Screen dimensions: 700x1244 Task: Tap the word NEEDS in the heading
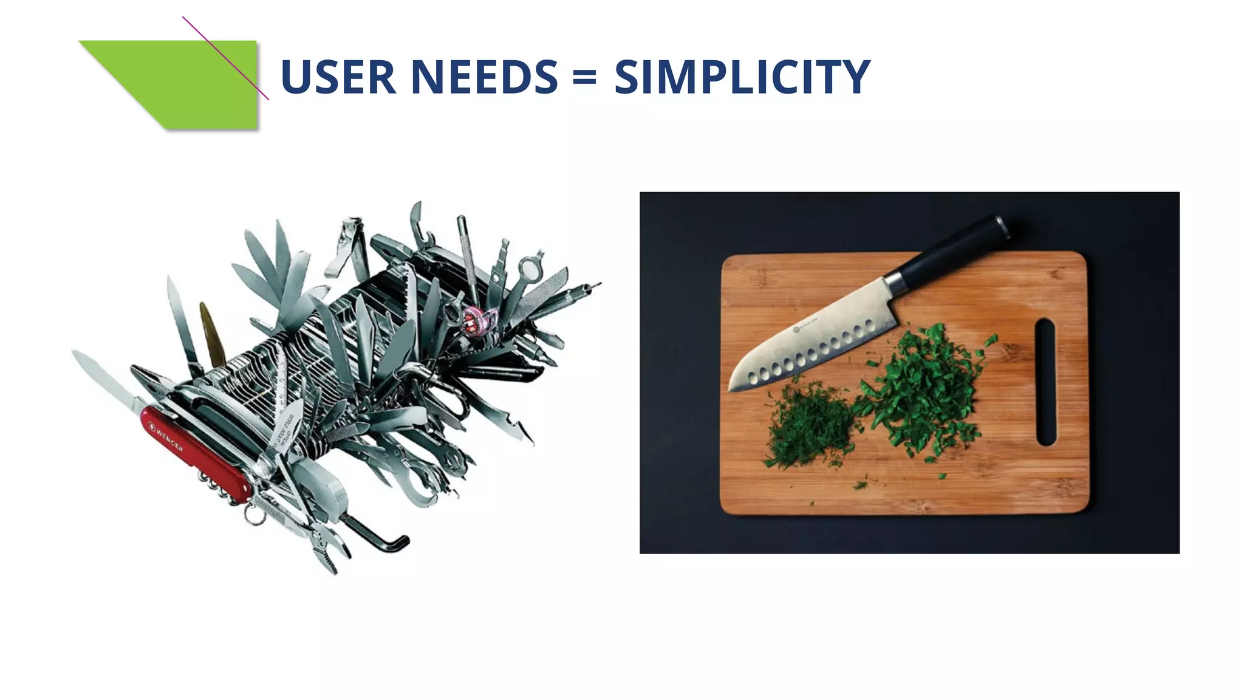pyautogui.click(x=484, y=77)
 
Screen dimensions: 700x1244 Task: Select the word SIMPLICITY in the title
pyautogui.click(x=742, y=77)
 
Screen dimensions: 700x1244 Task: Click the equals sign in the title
pyautogui.click(x=584, y=77)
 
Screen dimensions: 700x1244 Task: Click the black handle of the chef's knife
pyautogui.click(x=954, y=249)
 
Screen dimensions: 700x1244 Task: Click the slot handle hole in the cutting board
pyautogui.click(x=1045, y=382)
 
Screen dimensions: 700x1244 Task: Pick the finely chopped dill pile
pyautogui.click(x=808, y=425)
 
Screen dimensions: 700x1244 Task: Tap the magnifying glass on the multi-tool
pyautogui.click(x=530, y=267)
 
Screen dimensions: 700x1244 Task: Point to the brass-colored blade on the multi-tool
pyautogui.click(x=211, y=334)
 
